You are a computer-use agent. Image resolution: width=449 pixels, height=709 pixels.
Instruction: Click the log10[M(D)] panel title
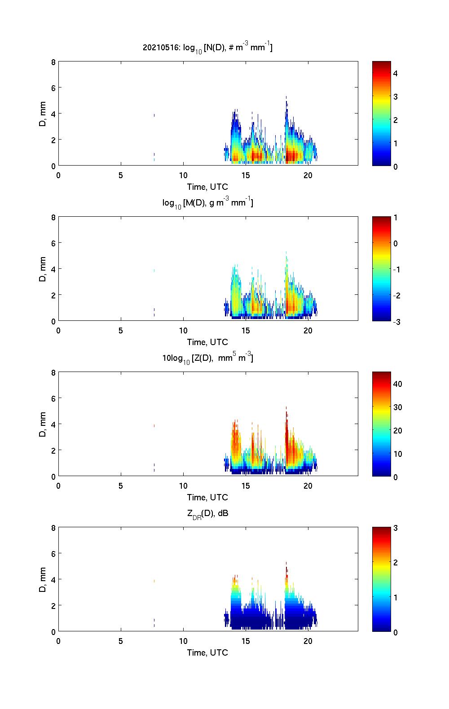click(207, 203)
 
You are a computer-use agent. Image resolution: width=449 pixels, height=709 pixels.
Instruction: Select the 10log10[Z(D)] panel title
click(207, 358)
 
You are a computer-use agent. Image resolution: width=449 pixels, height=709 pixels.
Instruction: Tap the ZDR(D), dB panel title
click(207, 513)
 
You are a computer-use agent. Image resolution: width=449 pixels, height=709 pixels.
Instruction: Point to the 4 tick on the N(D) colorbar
click(396, 73)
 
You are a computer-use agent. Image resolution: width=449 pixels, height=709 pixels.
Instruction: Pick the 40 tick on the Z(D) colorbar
click(397, 384)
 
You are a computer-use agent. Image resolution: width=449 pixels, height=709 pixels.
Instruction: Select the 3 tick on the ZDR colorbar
click(396, 528)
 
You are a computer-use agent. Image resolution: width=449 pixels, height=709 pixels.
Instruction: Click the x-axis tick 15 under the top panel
click(246, 175)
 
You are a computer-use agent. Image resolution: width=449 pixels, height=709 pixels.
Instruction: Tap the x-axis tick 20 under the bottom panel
click(308, 641)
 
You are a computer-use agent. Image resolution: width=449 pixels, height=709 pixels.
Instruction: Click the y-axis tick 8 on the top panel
click(53, 62)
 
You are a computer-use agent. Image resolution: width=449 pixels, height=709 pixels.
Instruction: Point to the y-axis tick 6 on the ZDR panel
click(53, 554)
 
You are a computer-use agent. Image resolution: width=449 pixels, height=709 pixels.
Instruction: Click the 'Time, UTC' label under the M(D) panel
click(207, 342)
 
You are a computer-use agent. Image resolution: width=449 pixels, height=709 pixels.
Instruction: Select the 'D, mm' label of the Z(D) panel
click(43, 424)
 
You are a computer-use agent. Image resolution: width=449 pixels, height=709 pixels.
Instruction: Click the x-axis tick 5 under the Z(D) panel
click(121, 486)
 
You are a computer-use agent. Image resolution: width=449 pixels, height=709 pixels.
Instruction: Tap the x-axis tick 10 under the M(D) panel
click(183, 331)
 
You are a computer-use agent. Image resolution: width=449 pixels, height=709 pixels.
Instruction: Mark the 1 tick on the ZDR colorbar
click(396, 597)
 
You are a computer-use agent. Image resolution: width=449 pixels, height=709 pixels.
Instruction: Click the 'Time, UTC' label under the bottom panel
click(207, 652)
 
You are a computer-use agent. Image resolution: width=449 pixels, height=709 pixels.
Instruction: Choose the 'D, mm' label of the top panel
click(43, 114)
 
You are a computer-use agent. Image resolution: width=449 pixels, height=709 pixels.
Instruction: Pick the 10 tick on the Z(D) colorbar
click(397, 454)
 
